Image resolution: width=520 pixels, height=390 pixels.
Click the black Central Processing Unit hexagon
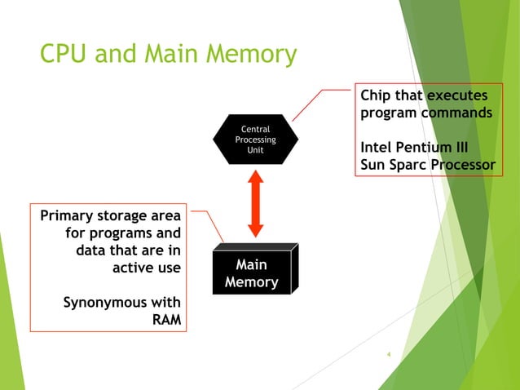tap(255, 140)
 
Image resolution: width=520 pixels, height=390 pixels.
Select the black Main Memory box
tap(251, 274)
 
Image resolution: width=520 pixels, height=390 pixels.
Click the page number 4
tap(389, 355)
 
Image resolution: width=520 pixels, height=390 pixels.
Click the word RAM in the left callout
tap(166, 319)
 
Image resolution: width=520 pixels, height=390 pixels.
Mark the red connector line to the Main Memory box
tap(209, 224)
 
